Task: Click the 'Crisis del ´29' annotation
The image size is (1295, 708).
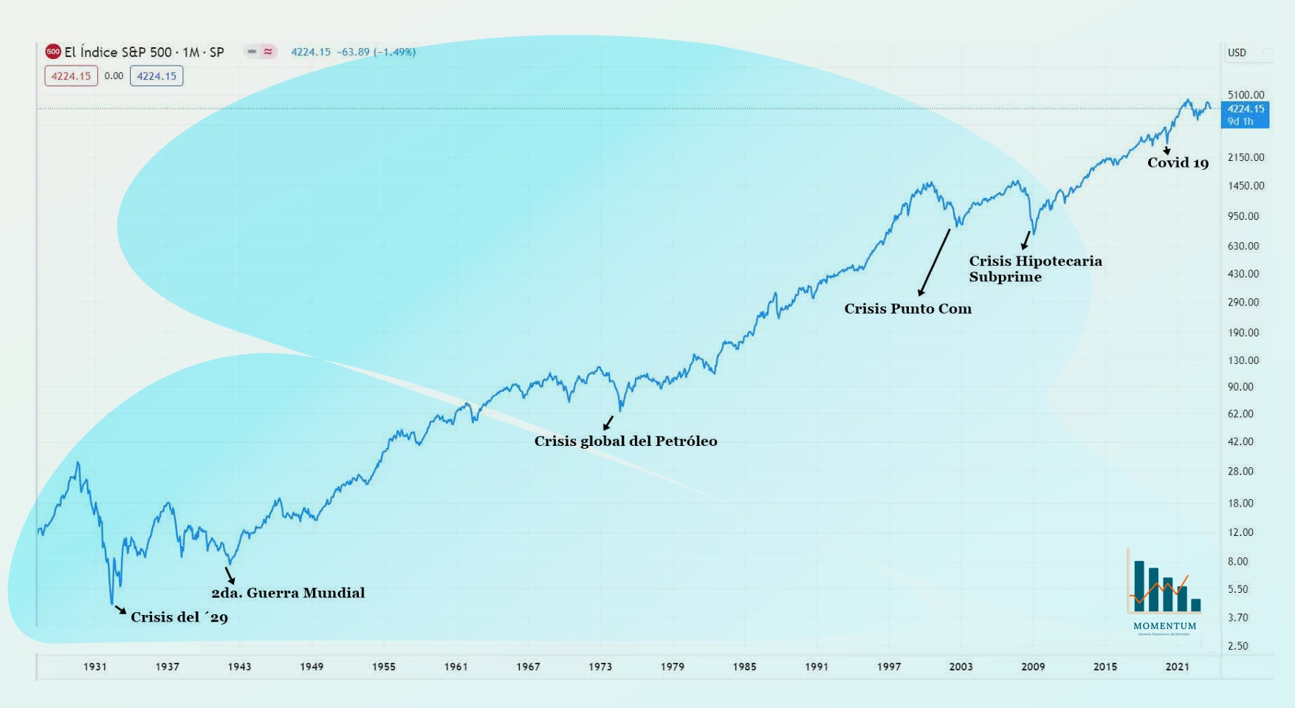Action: pyautogui.click(x=179, y=617)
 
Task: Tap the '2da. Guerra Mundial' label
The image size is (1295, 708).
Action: pyautogui.click(x=288, y=593)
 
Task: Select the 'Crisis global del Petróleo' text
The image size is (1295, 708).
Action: pyautogui.click(x=625, y=441)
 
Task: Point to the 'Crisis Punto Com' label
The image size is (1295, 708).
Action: pyautogui.click(x=907, y=309)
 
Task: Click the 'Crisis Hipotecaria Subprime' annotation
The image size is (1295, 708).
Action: pyautogui.click(x=1034, y=269)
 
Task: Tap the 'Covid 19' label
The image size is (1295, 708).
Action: pyautogui.click(x=1178, y=163)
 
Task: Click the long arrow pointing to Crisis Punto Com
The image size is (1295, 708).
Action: pyautogui.click(x=935, y=262)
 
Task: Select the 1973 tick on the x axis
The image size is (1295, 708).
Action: pyautogui.click(x=600, y=667)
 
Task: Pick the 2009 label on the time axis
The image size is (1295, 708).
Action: pyautogui.click(x=1033, y=667)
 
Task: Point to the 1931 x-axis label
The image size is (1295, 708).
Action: pyautogui.click(x=95, y=667)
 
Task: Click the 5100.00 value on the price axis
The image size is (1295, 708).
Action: pyautogui.click(x=1246, y=94)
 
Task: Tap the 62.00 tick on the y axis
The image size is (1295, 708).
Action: pyautogui.click(x=1240, y=414)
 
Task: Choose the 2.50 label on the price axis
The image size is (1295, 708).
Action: pyautogui.click(x=1237, y=646)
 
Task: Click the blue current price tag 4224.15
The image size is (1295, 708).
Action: pyautogui.click(x=1245, y=114)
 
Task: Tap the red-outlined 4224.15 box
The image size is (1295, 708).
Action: pyautogui.click(x=71, y=76)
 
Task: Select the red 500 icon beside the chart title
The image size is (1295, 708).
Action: pyautogui.click(x=52, y=52)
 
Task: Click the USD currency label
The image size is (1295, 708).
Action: pyautogui.click(x=1237, y=52)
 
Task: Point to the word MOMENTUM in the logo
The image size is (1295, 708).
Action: pyautogui.click(x=1164, y=626)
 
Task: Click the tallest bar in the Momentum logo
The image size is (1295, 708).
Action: pyautogui.click(x=1139, y=585)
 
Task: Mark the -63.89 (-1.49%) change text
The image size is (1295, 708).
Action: pyautogui.click(x=376, y=52)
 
